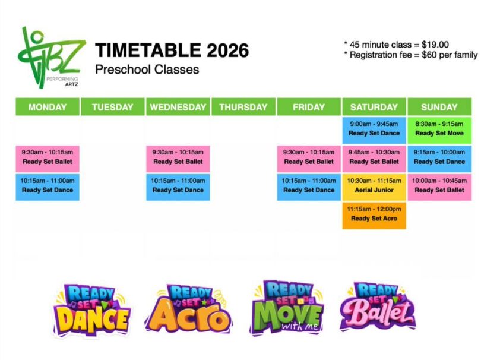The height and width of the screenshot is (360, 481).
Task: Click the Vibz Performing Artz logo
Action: pyautogui.click(x=50, y=58)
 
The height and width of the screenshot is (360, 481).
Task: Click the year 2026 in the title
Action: pyautogui.click(x=227, y=50)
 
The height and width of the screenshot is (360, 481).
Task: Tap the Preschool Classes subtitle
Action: pyautogui.click(x=147, y=70)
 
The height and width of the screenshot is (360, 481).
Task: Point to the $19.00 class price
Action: pyautogui.click(x=435, y=45)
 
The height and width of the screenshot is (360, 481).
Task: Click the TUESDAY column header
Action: pyautogui.click(x=113, y=107)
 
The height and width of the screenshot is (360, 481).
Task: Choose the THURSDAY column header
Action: pyautogui.click(x=243, y=107)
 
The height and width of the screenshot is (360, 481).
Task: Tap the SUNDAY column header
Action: pyautogui.click(x=439, y=107)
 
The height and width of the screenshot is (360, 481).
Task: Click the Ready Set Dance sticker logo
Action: pyautogui.click(x=91, y=310)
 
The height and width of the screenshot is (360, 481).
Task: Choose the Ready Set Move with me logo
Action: pyautogui.click(x=287, y=308)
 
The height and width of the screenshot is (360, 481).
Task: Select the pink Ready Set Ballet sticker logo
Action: pyautogui.click(x=378, y=307)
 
